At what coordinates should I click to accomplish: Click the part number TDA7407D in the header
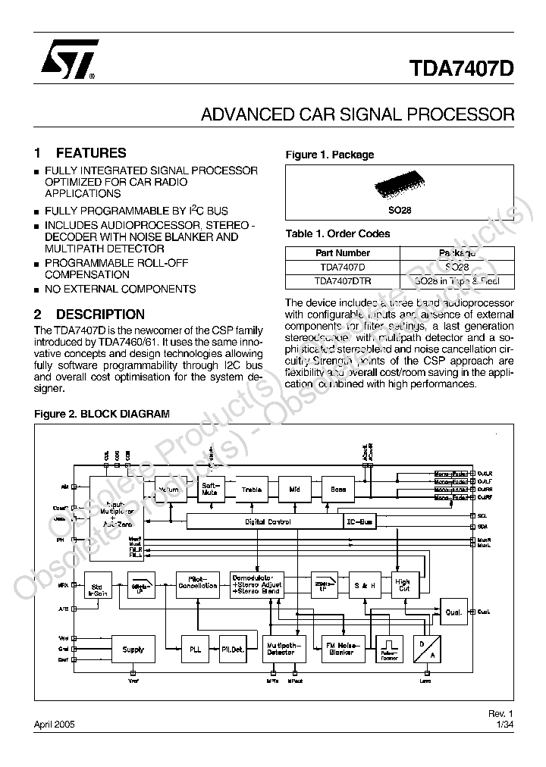463,68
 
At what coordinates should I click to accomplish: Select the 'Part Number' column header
343,253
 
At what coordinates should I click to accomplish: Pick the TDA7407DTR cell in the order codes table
343,281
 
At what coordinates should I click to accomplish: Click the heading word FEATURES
91,153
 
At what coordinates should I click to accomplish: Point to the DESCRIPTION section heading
100,314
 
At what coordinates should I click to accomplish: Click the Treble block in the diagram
252,490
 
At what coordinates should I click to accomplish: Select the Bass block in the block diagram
338,490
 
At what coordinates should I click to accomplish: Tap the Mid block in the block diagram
295,490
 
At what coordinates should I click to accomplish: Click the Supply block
133,649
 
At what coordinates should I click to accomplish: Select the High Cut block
403,586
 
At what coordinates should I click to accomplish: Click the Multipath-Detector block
281,649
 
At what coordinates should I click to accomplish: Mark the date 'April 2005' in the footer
55,725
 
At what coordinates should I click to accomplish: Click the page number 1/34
505,725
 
